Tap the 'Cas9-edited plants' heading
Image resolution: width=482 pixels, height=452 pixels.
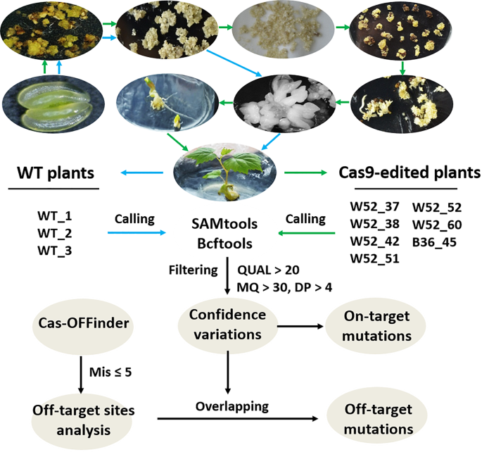click(412, 173)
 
